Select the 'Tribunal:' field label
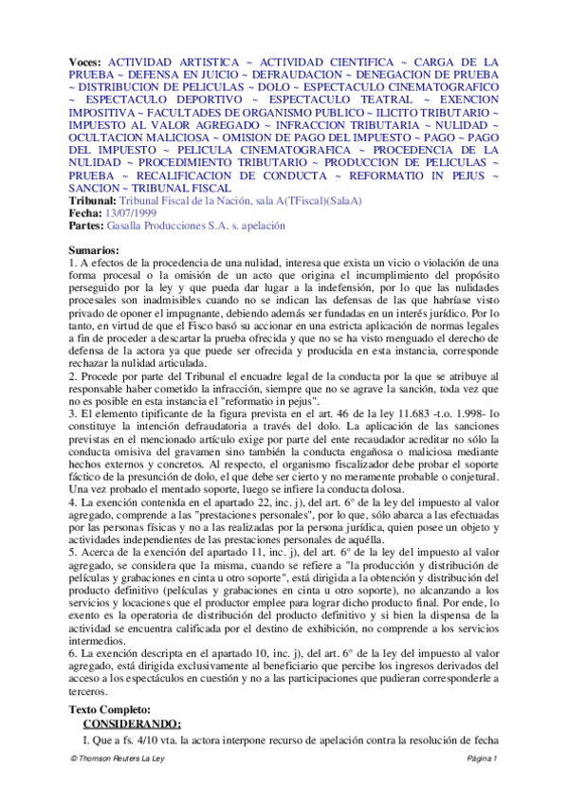pos(92,203)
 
